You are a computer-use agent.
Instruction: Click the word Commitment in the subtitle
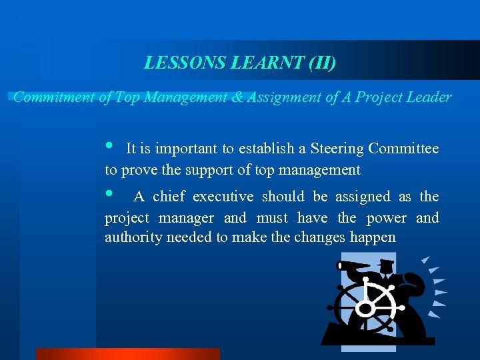click(x=54, y=97)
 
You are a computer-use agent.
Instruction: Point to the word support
click(x=207, y=171)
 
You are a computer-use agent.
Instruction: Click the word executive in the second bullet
click(x=223, y=197)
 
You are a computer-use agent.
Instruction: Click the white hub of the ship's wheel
click(x=365, y=308)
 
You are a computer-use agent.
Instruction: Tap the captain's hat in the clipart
click(x=385, y=265)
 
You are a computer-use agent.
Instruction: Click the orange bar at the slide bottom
click(x=127, y=354)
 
